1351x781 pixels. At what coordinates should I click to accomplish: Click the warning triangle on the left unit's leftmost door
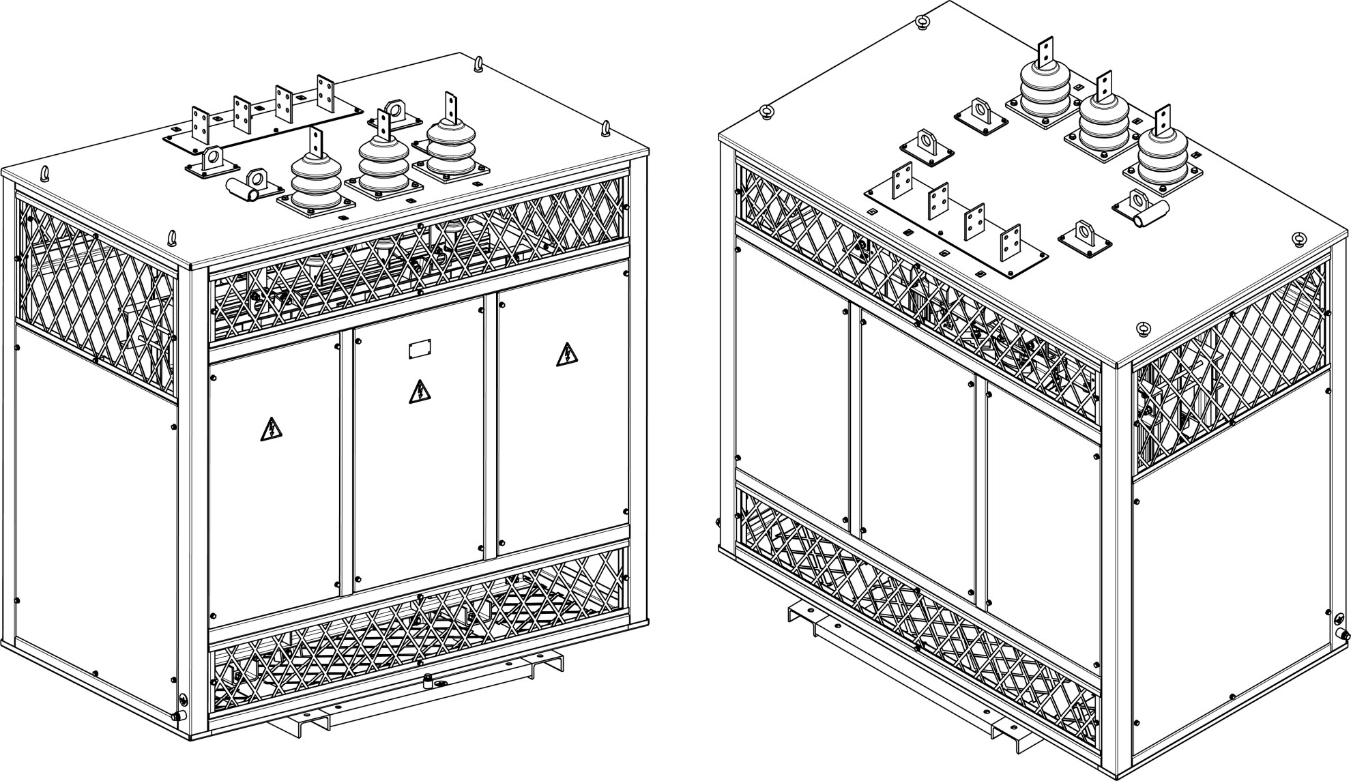click(271, 429)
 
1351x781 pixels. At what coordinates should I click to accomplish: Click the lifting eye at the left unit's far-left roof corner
click(45, 172)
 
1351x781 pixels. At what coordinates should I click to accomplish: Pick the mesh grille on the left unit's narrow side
click(98, 297)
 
